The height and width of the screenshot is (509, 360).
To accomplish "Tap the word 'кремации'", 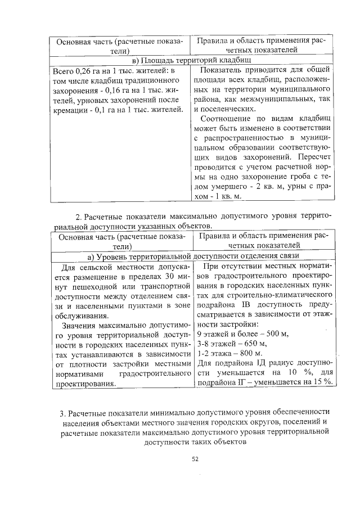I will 68,109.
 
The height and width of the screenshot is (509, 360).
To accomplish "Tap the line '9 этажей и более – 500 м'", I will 242,334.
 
